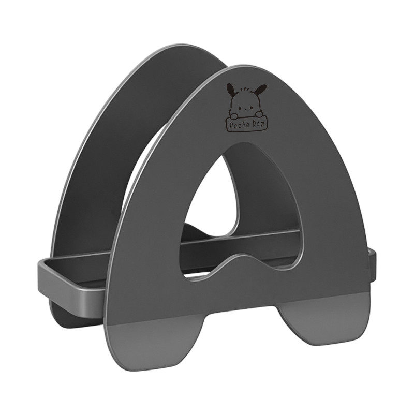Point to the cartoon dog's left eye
point(240,108)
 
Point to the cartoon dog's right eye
point(250,107)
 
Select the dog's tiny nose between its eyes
point(245,109)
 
